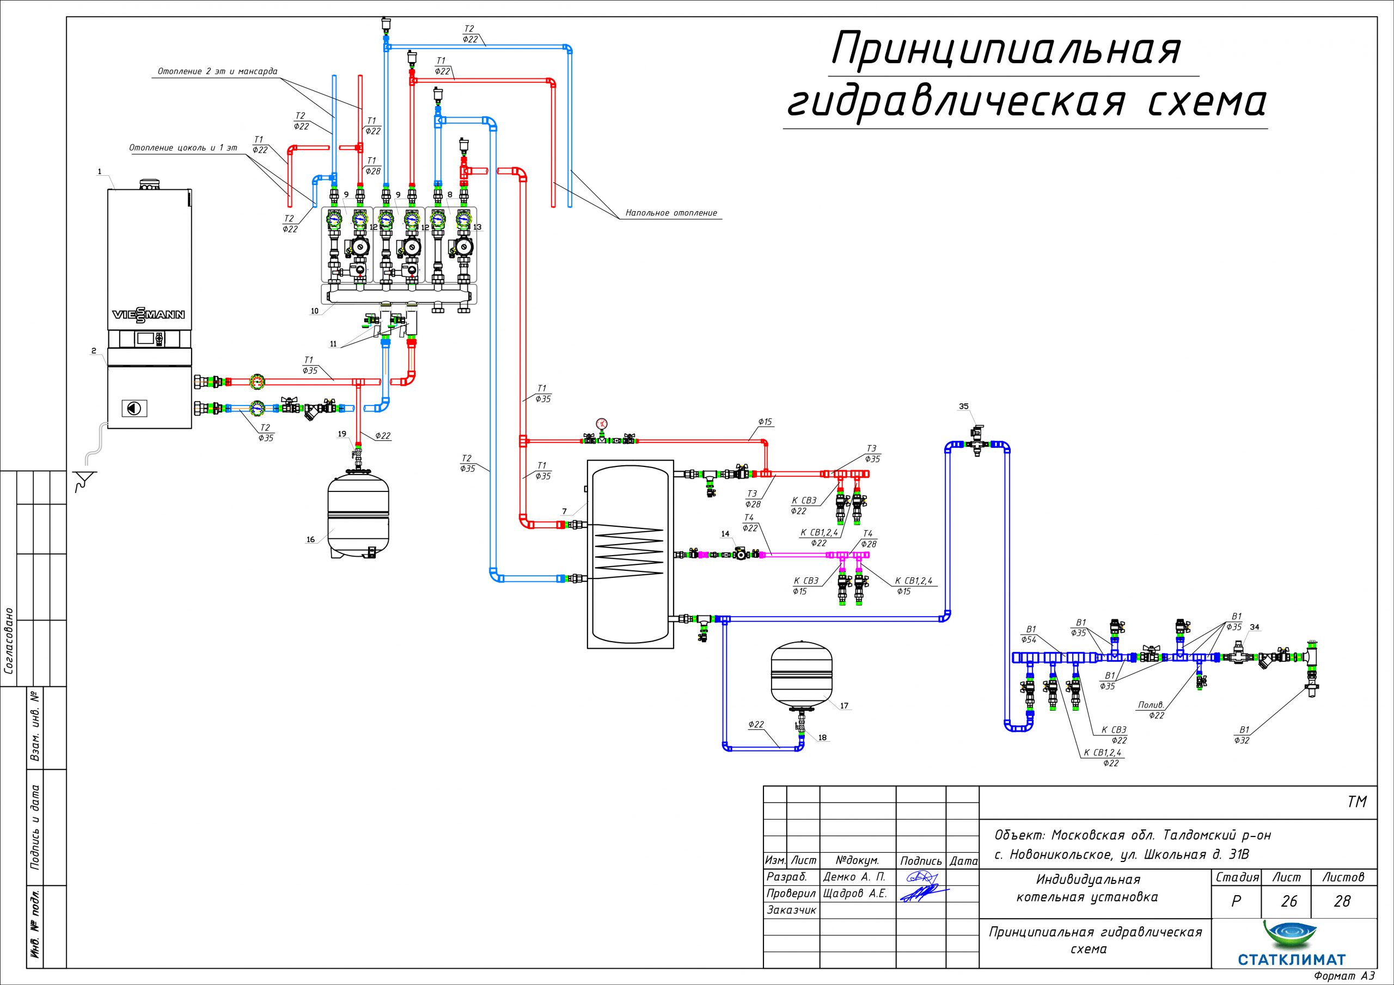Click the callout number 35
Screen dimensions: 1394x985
click(x=963, y=406)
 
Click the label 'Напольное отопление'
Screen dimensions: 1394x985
click(x=671, y=213)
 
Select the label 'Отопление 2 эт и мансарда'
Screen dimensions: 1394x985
click(x=217, y=72)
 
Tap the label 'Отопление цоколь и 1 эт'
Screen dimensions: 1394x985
click(x=183, y=147)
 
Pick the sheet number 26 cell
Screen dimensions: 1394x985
click(x=1288, y=901)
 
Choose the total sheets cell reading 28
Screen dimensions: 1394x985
click(x=1342, y=901)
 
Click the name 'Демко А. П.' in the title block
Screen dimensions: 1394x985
click(x=854, y=877)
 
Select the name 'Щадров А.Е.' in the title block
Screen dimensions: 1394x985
click(x=855, y=894)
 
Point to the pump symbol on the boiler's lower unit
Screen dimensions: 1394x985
click(x=132, y=408)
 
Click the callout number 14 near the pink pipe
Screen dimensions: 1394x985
click(x=725, y=534)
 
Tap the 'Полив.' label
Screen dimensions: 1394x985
click(x=1150, y=705)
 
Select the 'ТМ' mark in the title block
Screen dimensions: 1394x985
click(x=1358, y=802)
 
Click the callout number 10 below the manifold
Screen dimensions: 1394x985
click(x=315, y=311)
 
